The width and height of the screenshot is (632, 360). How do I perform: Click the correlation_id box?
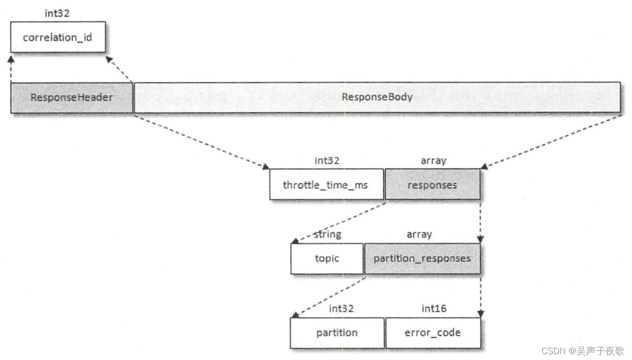point(58,37)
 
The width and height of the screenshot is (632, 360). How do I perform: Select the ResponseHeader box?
point(72,97)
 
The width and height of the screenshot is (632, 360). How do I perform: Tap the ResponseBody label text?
point(377,97)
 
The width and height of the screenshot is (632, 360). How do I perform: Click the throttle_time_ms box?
point(326,184)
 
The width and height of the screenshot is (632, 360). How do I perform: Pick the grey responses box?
point(432,184)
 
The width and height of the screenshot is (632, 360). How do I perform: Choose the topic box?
point(327,258)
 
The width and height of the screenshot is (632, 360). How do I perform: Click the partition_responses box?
point(422,258)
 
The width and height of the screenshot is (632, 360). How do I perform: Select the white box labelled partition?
point(337,333)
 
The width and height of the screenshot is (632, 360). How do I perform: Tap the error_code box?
point(433,333)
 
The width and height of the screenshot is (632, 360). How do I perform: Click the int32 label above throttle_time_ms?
point(327,161)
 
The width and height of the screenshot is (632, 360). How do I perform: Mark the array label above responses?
point(433,161)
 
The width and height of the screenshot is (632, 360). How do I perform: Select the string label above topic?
point(327,235)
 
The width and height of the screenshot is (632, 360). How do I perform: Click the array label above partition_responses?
point(419,235)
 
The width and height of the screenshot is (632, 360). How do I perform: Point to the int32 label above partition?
point(341,309)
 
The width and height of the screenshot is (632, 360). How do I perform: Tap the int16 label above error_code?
point(434,309)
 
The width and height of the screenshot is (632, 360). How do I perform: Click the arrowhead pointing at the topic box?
point(293,241)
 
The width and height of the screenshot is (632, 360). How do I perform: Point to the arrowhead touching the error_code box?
point(480,314)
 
